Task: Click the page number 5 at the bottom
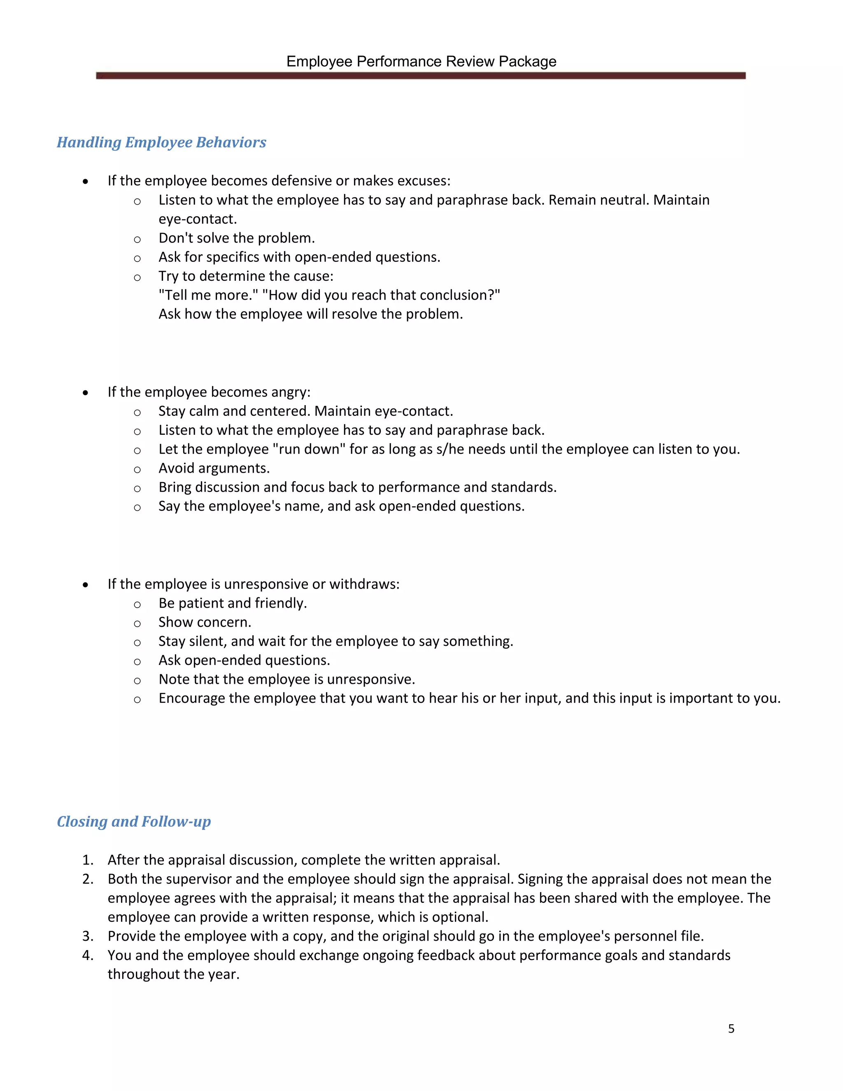[731, 1028]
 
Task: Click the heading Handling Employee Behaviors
[161, 142]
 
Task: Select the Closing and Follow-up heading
[134, 822]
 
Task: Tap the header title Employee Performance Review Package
[421, 61]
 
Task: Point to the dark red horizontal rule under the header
[421, 75]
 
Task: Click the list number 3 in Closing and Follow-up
[88, 936]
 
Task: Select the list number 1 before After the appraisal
[88, 860]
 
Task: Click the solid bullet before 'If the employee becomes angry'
[86, 393]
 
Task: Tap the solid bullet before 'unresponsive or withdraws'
[86, 585]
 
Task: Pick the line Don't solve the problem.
[237, 238]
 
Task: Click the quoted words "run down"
[309, 449]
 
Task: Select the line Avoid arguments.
[214, 468]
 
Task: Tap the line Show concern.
[205, 622]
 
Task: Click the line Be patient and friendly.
[233, 604]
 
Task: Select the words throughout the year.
[173, 974]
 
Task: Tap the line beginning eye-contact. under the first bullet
[198, 219]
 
